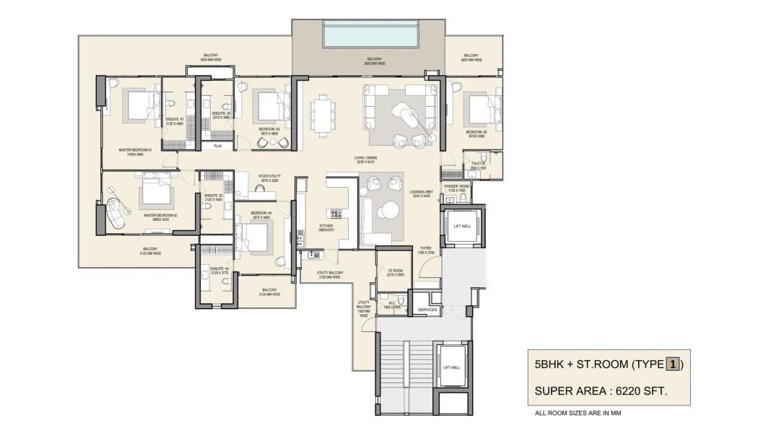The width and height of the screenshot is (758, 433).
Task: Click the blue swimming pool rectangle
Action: pyautogui.click(x=371, y=34)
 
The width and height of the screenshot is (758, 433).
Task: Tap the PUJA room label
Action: pyautogui.click(x=218, y=146)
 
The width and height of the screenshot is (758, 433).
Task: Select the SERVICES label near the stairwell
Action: pyautogui.click(x=428, y=310)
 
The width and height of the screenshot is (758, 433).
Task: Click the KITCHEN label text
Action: pyautogui.click(x=326, y=226)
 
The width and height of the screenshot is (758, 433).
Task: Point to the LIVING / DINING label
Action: pyautogui.click(x=365, y=158)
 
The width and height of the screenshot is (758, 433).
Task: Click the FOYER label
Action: pyautogui.click(x=426, y=249)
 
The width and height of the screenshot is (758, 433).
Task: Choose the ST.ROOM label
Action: pyautogui.click(x=394, y=271)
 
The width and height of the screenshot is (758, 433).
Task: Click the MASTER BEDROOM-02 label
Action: pyautogui.click(x=160, y=215)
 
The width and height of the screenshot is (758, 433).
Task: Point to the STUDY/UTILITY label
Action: pyautogui.click(x=269, y=176)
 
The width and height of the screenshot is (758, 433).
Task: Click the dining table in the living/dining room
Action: pyautogui.click(x=323, y=115)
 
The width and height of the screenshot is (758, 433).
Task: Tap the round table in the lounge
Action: pyautogui.click(x=390, y=210)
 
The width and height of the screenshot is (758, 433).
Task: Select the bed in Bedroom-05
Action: pyautogui.click(x=479, y=110)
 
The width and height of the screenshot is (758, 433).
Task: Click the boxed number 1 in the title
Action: pyautogui.click(x=671, y=364)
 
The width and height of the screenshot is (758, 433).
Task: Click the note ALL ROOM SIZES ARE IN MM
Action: pyautogui.click(x=578, y=414)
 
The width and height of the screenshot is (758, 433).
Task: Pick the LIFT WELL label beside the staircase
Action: pyautogui.click(x=452, y=367)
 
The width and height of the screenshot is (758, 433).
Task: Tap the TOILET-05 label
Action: pyautogui.click(x=477, y=165)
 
